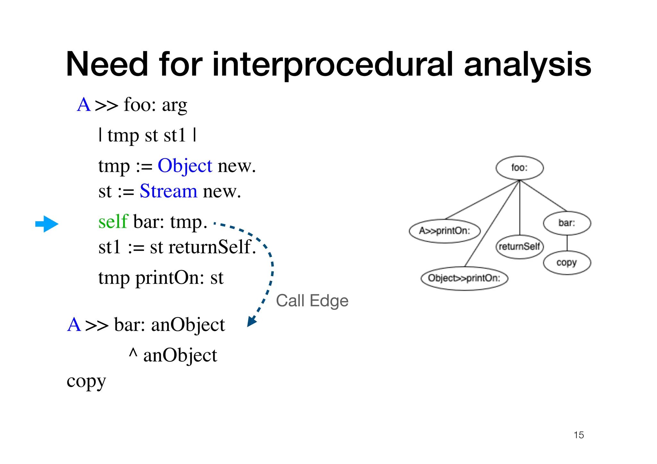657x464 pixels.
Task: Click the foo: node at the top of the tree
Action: pos(519,168)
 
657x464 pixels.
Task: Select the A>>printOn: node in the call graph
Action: pos(445,231)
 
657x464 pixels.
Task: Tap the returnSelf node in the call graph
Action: pos(519,247)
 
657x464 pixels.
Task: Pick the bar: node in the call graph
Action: pos(567,223)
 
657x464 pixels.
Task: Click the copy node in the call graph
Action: pos(567,263)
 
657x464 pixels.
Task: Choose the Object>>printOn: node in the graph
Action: pos(464,278)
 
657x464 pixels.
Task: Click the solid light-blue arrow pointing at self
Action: pos(47,224)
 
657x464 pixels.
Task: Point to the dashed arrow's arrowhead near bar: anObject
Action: pos(252,321)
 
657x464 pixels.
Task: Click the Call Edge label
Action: pos(312,301)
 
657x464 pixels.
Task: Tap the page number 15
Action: pos(578,435)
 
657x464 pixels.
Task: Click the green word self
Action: pos(113,222)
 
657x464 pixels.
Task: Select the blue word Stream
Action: pos(168,191)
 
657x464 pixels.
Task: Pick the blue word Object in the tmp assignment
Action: pos(185,166)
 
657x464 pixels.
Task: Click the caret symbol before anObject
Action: pos(133,353)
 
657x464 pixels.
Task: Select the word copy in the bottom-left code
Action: pos(86,382)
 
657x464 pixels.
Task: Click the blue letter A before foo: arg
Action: pos(84,105)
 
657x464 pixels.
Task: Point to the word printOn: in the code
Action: pos(170,278)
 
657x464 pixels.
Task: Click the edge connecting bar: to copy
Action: pos(567,243)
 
